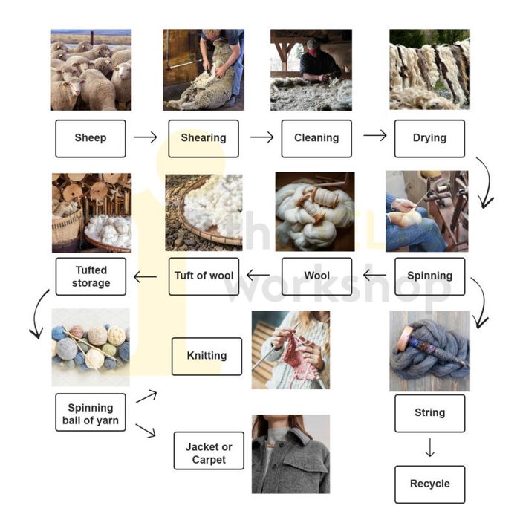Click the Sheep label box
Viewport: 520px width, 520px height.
click(91, 138)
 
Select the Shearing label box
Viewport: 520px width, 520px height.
click(204, 138)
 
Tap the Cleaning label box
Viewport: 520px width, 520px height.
click(316, 138)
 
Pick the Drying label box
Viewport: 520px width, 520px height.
click(429, 138)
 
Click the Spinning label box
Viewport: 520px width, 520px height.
click(429, 276)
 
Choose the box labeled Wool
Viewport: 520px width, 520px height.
click(316, 276)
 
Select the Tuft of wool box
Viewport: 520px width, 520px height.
click(204, 276)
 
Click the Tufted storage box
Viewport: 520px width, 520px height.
click(91, 276)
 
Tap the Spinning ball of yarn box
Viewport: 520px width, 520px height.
click(91, 413)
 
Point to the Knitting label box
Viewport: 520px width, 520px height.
click(207, 356)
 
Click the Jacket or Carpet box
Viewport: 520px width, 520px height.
click(209, 452)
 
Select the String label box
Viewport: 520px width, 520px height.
click(429, 413)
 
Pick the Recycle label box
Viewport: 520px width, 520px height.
click(429, 484)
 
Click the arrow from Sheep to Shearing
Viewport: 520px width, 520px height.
click(146, 137)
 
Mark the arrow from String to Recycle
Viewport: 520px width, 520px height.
click(429, 448)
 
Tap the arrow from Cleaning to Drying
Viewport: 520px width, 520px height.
click(374, 136)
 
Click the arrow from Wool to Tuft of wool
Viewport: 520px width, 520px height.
click(259, 276)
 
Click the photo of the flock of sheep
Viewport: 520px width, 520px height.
click(91, 70)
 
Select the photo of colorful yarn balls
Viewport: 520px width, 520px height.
click(91, 347)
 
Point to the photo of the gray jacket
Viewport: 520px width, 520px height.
click(290, 454)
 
